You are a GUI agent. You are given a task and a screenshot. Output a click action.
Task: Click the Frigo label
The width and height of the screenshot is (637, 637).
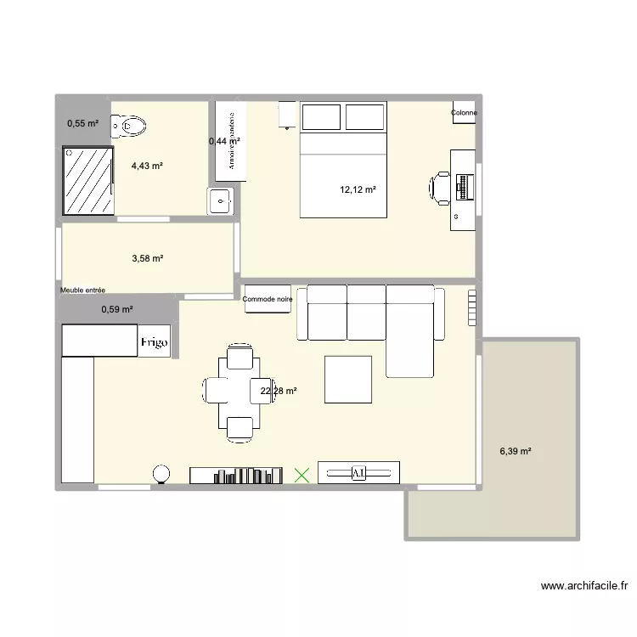coord(155,342)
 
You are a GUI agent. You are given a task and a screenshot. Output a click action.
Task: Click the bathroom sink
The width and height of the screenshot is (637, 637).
coord(220,202)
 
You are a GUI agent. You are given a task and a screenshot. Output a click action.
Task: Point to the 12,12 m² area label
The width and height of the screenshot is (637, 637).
coord(358,190)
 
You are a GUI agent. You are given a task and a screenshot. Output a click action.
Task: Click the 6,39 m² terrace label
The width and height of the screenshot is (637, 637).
coord(516,452)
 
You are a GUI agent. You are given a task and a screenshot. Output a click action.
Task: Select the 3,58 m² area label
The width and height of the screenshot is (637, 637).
coord(146,258)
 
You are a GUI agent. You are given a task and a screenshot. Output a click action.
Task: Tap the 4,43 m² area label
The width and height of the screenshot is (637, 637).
coord(147,166)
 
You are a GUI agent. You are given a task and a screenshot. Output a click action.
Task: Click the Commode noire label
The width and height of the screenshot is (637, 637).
coord(267,299)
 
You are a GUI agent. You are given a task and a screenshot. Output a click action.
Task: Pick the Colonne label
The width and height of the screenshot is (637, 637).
coord(464,113)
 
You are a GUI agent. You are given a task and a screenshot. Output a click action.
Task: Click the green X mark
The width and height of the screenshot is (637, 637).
coord(301,476)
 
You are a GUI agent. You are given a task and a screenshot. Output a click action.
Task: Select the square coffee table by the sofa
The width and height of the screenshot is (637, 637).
coord(348,379)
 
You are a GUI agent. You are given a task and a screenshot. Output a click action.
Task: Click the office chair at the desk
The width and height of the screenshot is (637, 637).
coord(442,187)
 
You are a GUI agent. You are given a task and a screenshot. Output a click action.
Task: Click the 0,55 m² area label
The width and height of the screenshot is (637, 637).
coord(83,124)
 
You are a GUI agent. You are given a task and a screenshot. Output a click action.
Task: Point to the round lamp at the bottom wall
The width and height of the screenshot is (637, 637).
coord(161,475)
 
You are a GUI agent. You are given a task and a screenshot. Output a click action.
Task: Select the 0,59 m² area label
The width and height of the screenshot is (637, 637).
coord(117,310)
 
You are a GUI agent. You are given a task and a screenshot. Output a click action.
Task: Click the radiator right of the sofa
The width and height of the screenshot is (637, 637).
coord(472,307)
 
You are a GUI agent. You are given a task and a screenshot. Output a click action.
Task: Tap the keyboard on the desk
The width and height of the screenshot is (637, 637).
coord(464,187)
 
